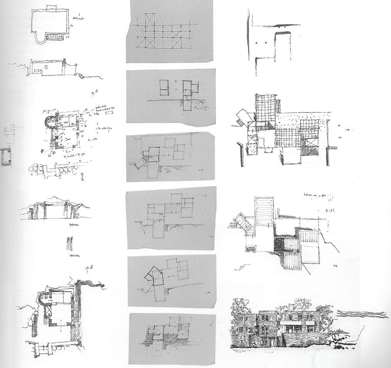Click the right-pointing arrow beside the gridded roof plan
(348, 129)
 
